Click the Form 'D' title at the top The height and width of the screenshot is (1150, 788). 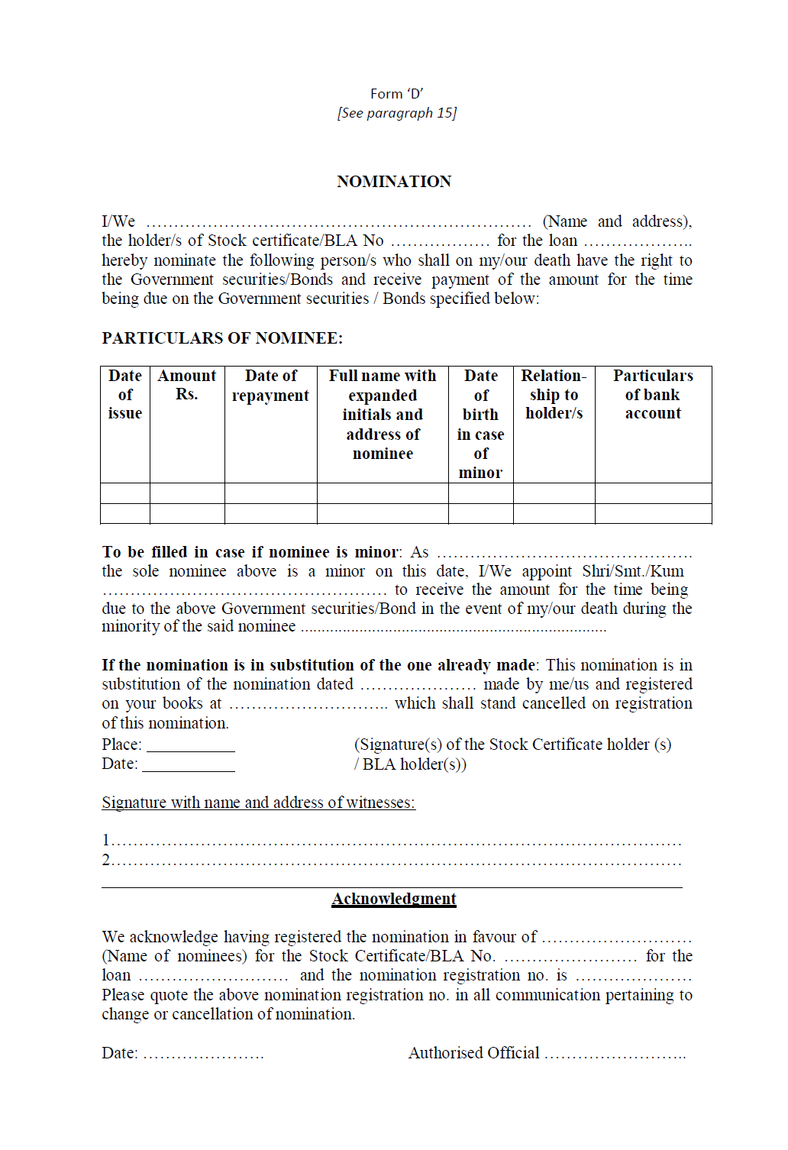(x=396, y=94)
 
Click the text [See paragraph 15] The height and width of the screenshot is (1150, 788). (x=396, y=113)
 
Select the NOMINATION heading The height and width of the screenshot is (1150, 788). (x=394, y=182)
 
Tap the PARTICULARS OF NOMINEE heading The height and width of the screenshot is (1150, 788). (x=222, y=338)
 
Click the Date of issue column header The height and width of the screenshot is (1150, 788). (x=125, y=395)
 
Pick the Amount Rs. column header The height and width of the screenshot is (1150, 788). (x=187, y=385)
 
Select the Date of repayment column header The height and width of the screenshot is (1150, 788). (x=270, y=386)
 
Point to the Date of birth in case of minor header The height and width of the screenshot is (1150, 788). (x=480, y=424)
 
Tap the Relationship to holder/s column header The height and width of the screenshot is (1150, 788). (x=554, y=395)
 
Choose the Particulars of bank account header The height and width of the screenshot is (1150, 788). (x=653, y=395)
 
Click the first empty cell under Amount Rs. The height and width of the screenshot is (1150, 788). (x=187, y=493)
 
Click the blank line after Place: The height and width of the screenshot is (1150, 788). (x=191, y=746)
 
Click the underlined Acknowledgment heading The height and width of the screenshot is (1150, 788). (x=394, y=899)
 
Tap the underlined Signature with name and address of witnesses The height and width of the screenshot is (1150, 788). (x=258, y=803)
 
